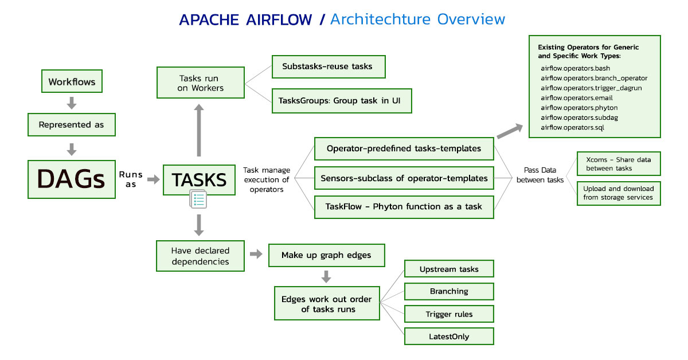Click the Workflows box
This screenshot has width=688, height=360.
coord(72,81)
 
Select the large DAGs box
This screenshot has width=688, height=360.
coord(72,179)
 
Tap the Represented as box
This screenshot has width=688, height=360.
coord(72,124)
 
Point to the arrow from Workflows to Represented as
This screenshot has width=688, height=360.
coord(72,103)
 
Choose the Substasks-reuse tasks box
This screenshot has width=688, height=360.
coord(327,66)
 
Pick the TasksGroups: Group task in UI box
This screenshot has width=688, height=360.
coord(341,101)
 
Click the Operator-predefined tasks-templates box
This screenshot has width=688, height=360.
coord(404,148)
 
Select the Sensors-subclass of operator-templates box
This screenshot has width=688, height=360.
coord(404,178)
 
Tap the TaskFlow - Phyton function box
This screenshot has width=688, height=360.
coord(404,206)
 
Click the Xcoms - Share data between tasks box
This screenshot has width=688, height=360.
coord(618,164)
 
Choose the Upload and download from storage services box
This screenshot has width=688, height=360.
coord(618,193)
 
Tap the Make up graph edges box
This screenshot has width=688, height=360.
coord(327,255)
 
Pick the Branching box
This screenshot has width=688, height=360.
coord(449,291)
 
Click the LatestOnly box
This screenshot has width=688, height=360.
coord(449,336)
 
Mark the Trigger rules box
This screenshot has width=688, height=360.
coord(449,314)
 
